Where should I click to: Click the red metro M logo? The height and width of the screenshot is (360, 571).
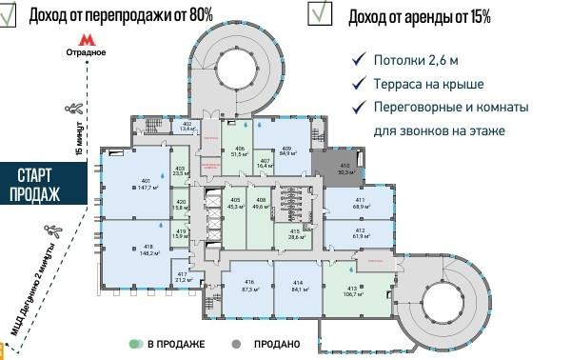(86, 40)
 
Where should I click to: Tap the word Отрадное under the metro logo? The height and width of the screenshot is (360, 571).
(88, 53)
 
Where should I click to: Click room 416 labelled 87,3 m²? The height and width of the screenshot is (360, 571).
(250, 285)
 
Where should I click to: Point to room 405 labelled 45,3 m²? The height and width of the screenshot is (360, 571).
(234, 202)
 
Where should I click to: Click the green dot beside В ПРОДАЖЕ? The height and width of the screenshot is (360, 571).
(137, 343)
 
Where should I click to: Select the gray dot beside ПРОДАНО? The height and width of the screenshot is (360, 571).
(234, 343)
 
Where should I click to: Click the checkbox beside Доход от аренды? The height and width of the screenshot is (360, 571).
(320, 12)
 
